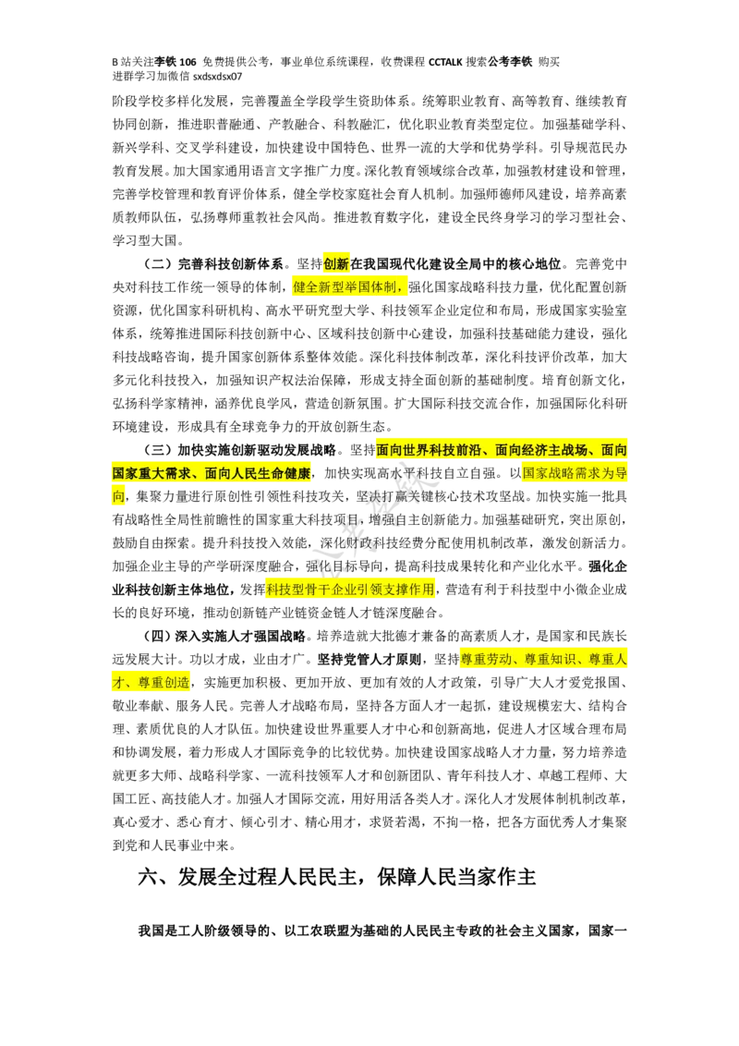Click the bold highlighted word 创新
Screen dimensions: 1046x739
336,264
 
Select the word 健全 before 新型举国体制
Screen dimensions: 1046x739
306,287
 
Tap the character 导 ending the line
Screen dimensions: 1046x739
621,473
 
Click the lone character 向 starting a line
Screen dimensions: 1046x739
118,496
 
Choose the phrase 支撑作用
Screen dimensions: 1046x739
417,589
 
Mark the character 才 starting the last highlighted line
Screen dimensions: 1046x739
118,683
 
